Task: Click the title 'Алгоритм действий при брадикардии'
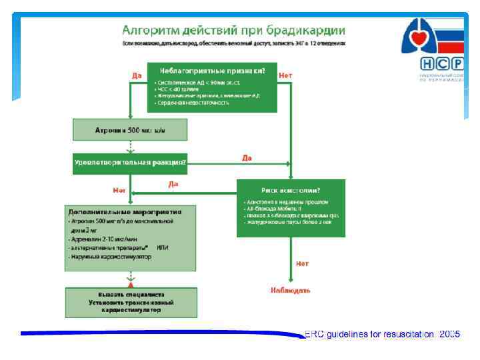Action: pos(233,30)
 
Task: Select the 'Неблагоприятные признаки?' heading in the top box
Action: pos(211,71)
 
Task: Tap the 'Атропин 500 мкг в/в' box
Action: pos(129,129)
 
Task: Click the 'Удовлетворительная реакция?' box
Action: pos(129,163)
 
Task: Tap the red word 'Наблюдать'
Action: pos(291,290)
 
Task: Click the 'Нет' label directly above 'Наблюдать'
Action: pos(302,264)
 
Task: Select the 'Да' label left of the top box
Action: pos(137,75)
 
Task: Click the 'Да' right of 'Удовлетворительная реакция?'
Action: pos(247,159)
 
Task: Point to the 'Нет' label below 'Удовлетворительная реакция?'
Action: pos(119,191)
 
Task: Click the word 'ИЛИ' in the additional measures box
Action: pos(163,247)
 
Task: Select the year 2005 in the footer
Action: pos(449,334)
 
